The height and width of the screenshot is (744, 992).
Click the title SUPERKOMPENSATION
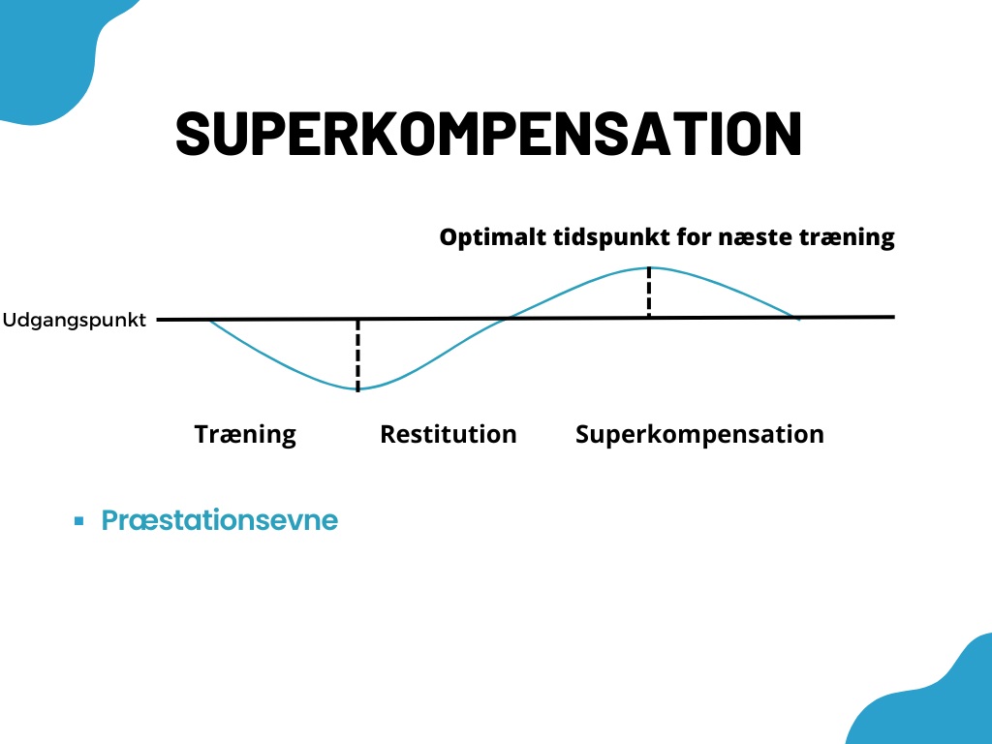coord(488,133)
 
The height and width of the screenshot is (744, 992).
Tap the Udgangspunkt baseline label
coord(74,320)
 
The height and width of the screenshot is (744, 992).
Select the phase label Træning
coord(245,435)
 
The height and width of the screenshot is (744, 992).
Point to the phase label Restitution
coord(448,434)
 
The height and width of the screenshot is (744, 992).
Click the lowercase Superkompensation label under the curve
coord(699,435)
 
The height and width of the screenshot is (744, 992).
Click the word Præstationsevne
coord(220,520)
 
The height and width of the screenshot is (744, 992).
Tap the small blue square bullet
coord(79,521)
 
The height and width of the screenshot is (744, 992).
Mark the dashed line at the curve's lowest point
coord(358,356)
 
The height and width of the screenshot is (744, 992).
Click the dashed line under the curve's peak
coord(649,293)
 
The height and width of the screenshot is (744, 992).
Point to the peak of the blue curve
coord(649,268)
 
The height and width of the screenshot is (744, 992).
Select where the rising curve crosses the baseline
coord(507,318)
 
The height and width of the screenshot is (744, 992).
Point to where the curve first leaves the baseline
coord(209,321)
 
